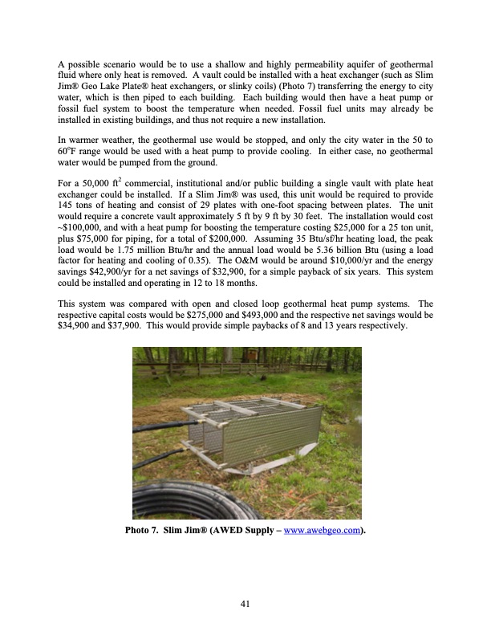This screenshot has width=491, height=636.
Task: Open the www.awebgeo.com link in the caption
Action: pyautogui.click(x=323, y=531)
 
